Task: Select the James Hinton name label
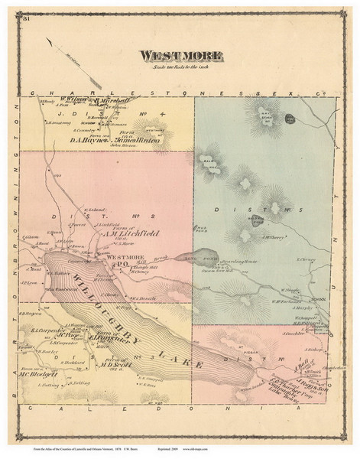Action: coord(138,141)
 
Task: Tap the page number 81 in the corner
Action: coord(28,16)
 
